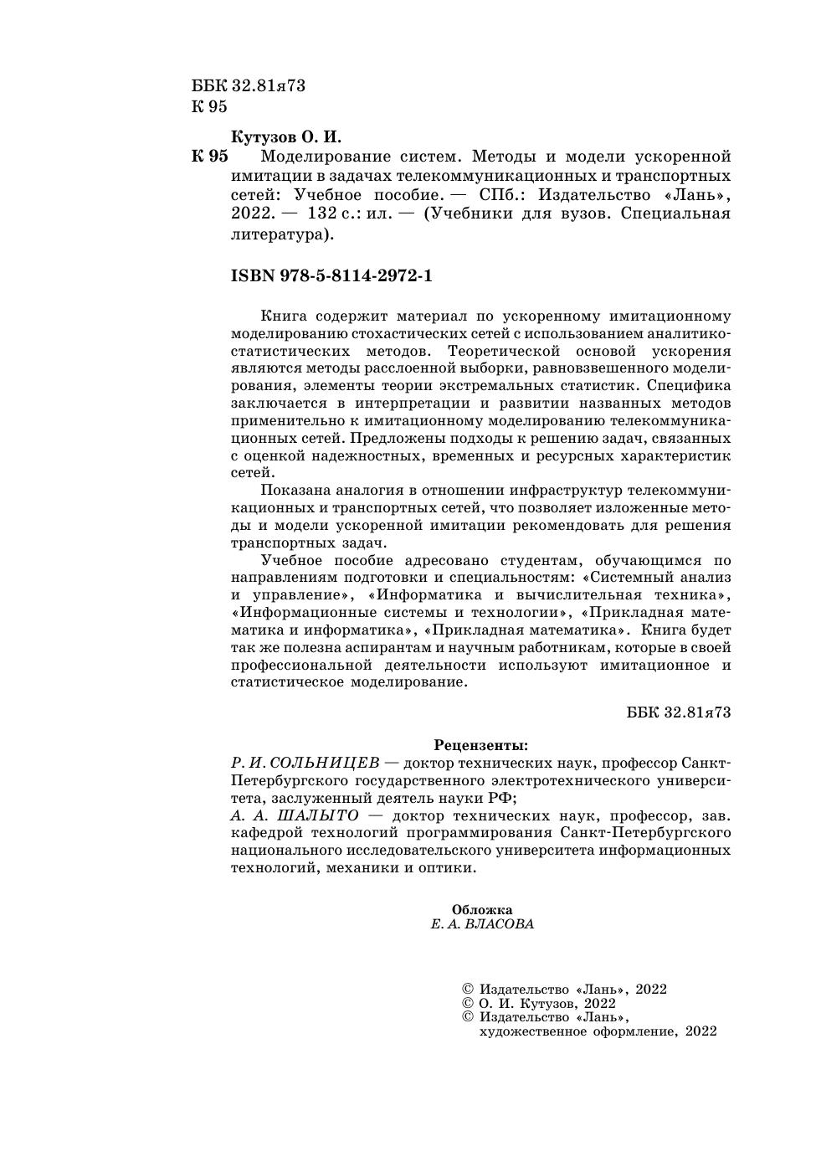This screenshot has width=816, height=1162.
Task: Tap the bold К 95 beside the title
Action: pyautogui.click(x=209, y=157)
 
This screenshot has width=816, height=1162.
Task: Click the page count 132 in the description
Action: pyautogui.click(x=322, y=213)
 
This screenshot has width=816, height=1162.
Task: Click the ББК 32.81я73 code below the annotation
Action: pyautogui.click(x=679, y=712)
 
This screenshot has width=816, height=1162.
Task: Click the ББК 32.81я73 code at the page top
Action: pyautogui.click(x=249, y=85)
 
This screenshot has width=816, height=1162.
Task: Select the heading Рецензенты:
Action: pyautogui.click(x=481, y=744)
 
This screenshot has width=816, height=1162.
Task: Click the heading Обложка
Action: pyautogui.click(x=481, y=910)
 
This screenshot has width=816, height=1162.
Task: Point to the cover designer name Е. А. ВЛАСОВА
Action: pyautogui.click(x=481, y=924)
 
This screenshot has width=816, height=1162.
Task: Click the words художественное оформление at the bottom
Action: pyautogui.click(x=578, y=1031)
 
